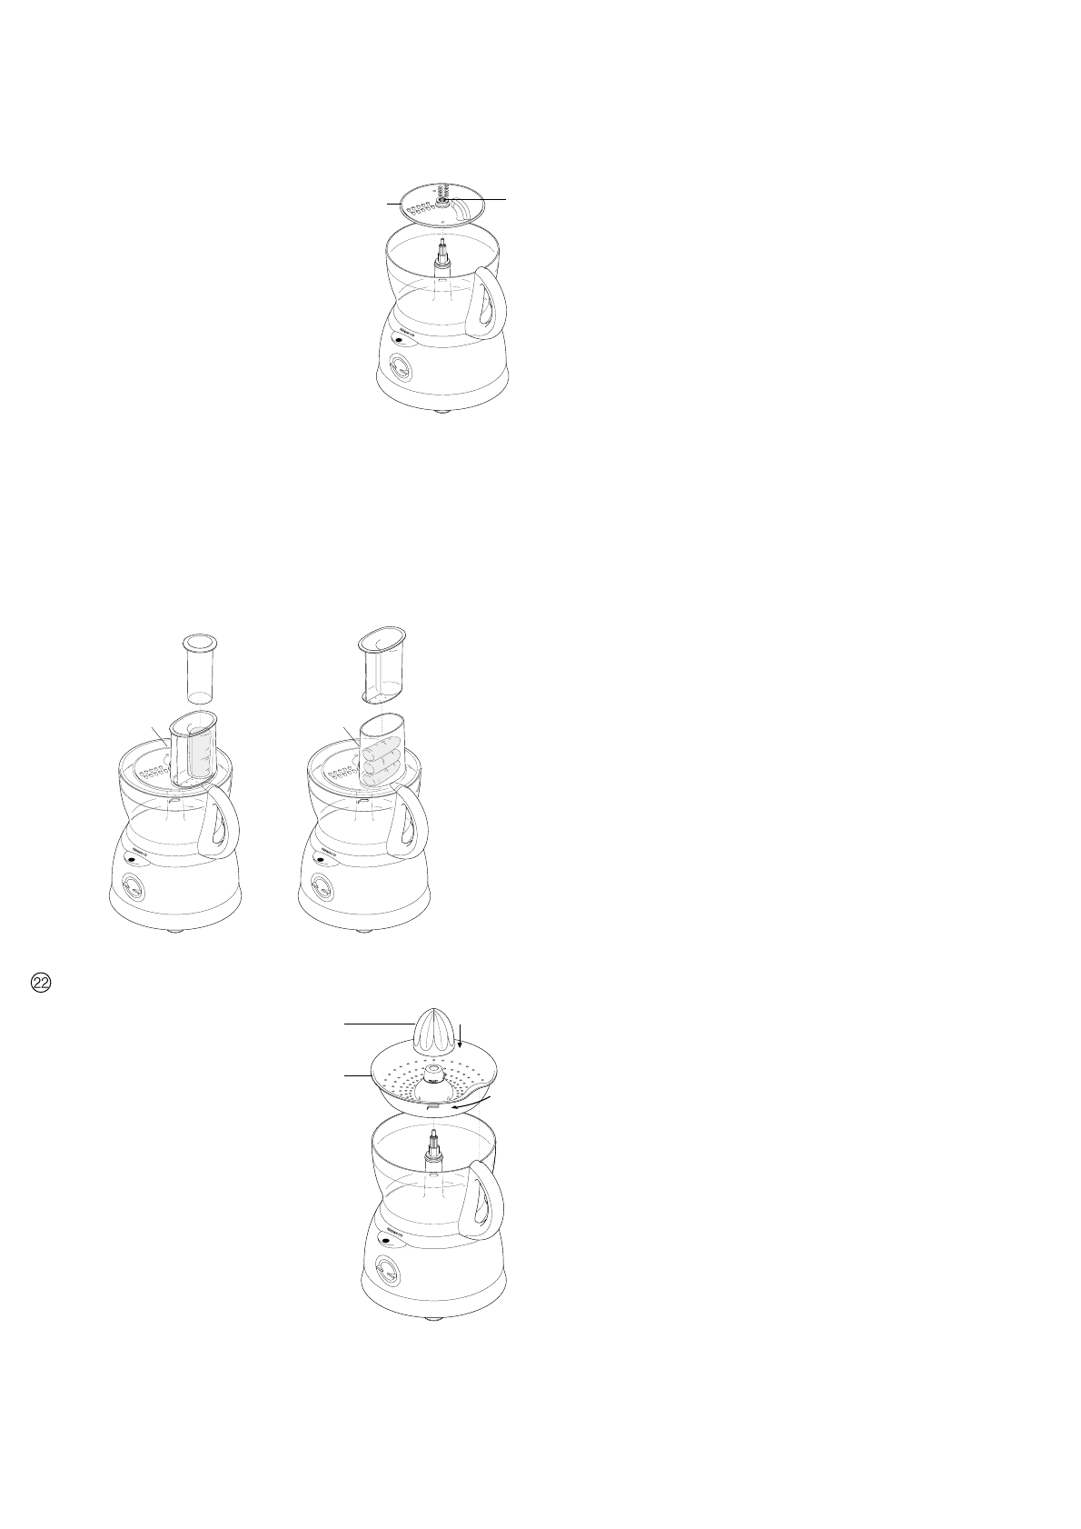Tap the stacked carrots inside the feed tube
tap(382, 755)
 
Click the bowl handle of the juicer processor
tap(485, 1200)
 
